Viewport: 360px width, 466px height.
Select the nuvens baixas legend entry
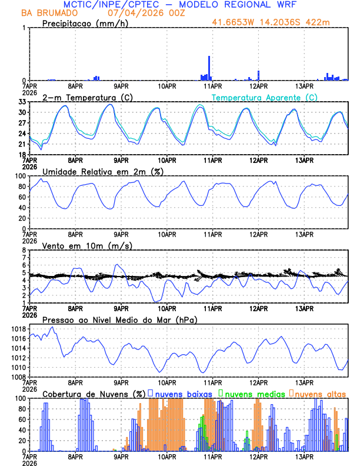[x=182, y=393]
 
